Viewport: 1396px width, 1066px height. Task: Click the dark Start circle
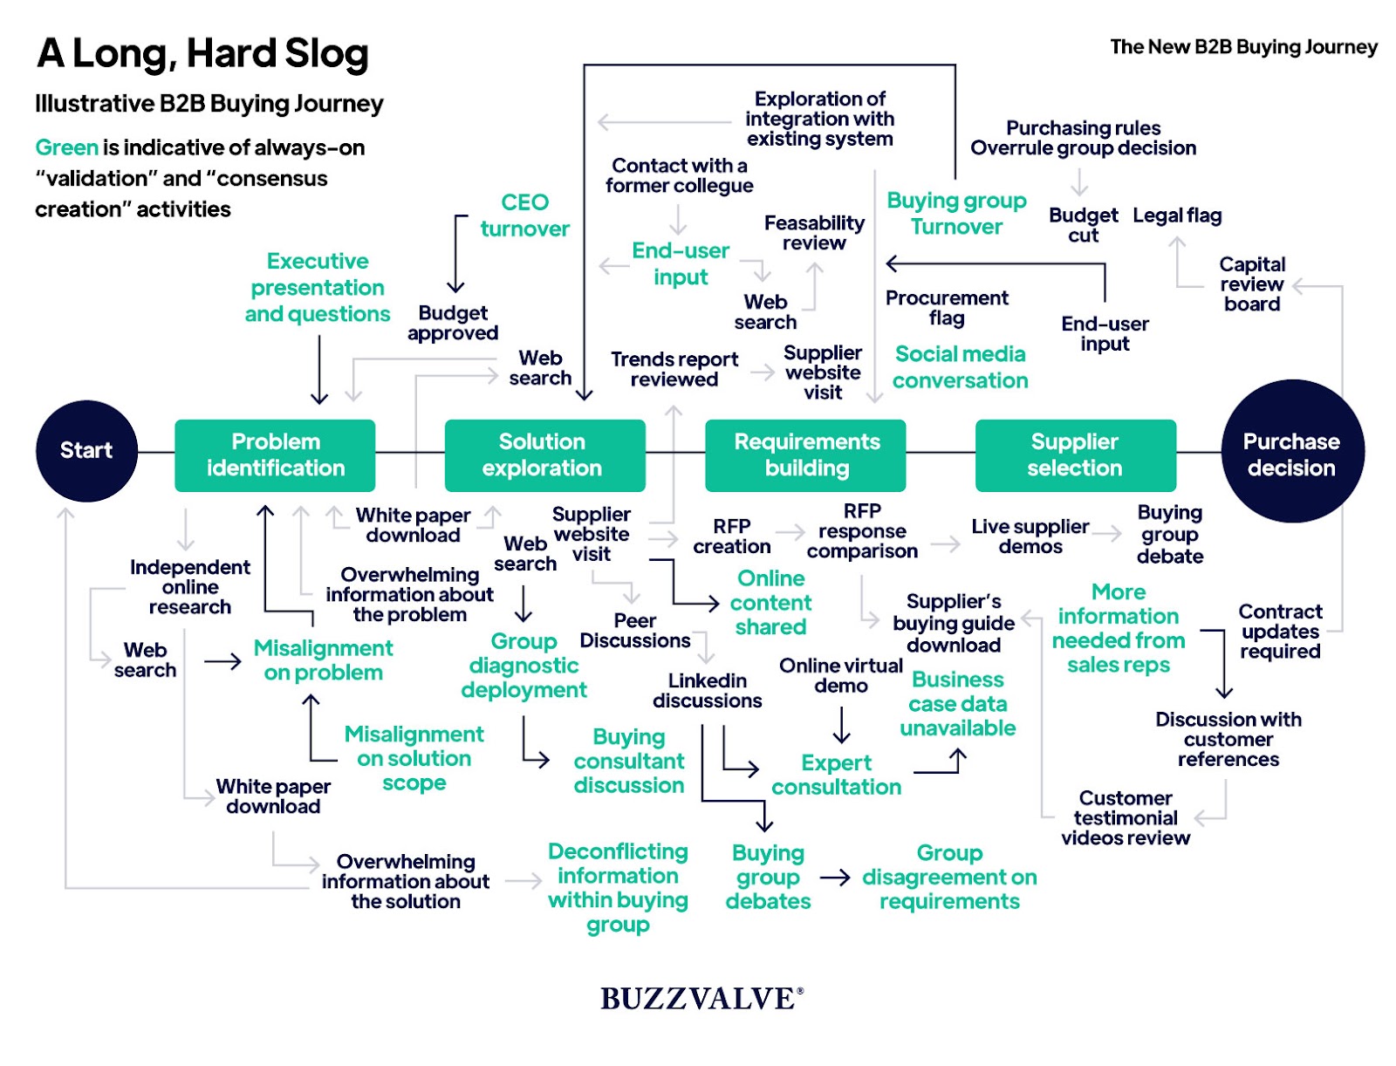pyautogui.click(x=86, y=450)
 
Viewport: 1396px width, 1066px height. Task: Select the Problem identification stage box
pyautogui.click(x=275, y=454)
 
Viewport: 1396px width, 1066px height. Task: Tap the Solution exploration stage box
pyautogui.click(x=544, y=454)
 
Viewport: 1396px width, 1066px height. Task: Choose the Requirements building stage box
pyautogui.click(x=805, y=454)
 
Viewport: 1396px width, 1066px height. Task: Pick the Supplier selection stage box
pyautogui.click(x=1075, y=454)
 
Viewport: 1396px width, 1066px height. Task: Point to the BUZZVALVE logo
pyautogui.click(x=701, y=998)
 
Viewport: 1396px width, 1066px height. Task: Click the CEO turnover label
pyautogui.click(x=524, y=215)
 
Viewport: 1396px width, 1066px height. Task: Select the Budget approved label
pyautogui.click(x=453, y=323)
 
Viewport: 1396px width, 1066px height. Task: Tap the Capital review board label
pyautogui.click(x=1252, y=284)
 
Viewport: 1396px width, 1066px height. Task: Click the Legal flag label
pyautogui.click(x=1177, y=215)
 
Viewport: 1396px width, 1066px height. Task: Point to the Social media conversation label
pyautogui.click(x=960, y=367)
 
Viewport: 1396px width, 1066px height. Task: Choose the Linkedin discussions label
pyautogui.click(x=708, y=690)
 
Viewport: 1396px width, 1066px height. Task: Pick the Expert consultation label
pyautogui.click(x=836, y=775)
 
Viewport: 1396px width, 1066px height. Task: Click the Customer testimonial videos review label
pyautogui.click(x=1126, y=817)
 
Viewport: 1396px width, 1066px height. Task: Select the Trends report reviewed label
pyautogui.click(x=674, y=369)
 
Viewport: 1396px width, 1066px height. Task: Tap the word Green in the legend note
pyautogui.click(x=66, y=147)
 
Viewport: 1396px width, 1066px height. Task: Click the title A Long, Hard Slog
pyautogui.click(x=203, y=53)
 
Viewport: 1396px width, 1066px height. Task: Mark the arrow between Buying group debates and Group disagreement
pyautogui.click(x=835, y=877)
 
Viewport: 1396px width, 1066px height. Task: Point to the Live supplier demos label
pyautogui.click(x=1030, y=536)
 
